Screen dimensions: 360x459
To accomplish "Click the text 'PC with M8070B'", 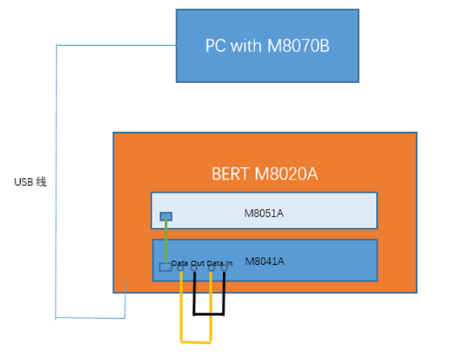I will click(267, 46).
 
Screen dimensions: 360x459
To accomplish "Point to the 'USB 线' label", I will click(31, 182).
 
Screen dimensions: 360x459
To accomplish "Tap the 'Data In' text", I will click(220, 264).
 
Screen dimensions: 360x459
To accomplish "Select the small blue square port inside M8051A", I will click(165, 215).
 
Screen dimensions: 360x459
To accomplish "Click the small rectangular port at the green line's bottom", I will click(165, 267).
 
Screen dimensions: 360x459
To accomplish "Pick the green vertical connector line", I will click(165, 242).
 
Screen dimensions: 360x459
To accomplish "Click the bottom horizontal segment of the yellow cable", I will click(196, 342).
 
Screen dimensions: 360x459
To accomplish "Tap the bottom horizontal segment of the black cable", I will click(209, 314).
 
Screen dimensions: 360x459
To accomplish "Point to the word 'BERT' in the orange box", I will click(229, 173).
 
